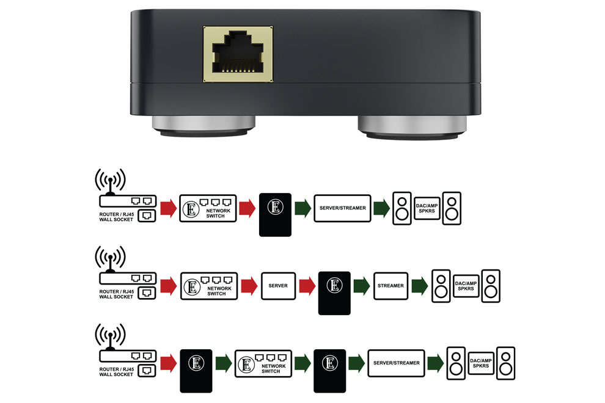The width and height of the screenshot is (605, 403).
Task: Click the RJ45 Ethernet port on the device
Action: click(238, 54)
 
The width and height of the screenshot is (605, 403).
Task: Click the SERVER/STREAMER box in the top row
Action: click(343, 208)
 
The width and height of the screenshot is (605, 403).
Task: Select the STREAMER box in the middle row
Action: click(391, 286)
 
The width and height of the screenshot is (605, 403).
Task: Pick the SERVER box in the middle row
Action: click(279, 286)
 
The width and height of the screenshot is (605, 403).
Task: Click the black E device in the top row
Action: click(275, 214)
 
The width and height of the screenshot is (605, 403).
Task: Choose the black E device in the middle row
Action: click(334, 292)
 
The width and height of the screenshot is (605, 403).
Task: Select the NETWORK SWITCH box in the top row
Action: click(207, 208)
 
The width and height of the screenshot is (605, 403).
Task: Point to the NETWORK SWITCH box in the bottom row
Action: click(262, 363)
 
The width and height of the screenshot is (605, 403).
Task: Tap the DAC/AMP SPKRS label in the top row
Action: click(427, 208)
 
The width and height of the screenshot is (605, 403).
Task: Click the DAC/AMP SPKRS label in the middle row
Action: click(466, 286)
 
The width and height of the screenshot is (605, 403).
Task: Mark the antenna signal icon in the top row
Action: click(110, 180)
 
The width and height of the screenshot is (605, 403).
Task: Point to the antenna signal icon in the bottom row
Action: click(110, 336)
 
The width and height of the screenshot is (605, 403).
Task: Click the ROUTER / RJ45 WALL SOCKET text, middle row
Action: click(116, 294)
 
